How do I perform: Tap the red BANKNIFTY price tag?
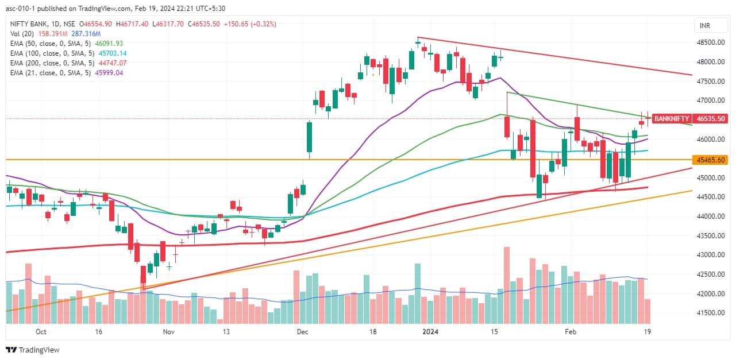(x=672, y=119)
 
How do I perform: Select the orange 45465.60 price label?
(x=711, y=160)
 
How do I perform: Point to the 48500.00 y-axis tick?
(x=711, y=42)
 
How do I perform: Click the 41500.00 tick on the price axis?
(x=711, y=313)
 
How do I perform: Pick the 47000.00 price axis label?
(x=711, y=100)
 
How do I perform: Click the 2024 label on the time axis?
(x=429, y=331)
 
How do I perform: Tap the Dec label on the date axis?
(x=302, y=331)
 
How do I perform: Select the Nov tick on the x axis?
(x=168, y=331)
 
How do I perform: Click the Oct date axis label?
(x=41, y=331)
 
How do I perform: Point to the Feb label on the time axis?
(x=570, y=331)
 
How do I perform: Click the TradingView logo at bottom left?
(x=33, y=350)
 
